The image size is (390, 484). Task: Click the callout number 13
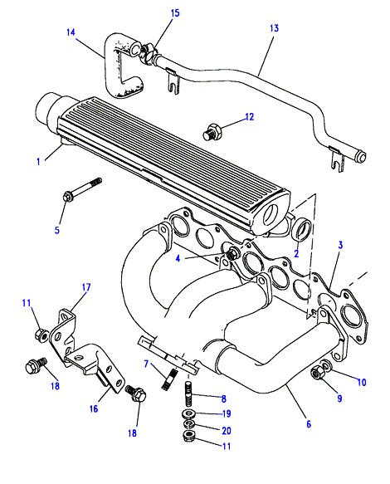(x=274, y=28)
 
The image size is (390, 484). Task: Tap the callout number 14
(x=71, y=32)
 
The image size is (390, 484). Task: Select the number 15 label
(x=175, y=13)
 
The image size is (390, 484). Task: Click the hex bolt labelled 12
(x=213, y=131)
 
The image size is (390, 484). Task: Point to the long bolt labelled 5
(x=82, y=189)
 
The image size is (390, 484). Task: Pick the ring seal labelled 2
(x=302, y=231)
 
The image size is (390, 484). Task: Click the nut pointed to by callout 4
(x=232, y=254)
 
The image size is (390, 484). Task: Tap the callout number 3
(x=340, y=245)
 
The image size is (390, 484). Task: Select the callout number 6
(x=309, y=424)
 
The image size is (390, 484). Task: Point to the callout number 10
(x=362, y=383)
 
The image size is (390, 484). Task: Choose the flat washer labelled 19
(x=188, y=413)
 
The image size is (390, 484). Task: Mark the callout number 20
(x=227, y=431)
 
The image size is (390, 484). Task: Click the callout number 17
(x=86, y=287)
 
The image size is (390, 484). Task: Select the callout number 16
(x=94, y=409)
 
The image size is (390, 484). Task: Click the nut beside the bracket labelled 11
(x=42, y=335)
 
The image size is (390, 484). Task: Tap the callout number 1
(x=38, y=161)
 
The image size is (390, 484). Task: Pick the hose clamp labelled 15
(x=147, y=53)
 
